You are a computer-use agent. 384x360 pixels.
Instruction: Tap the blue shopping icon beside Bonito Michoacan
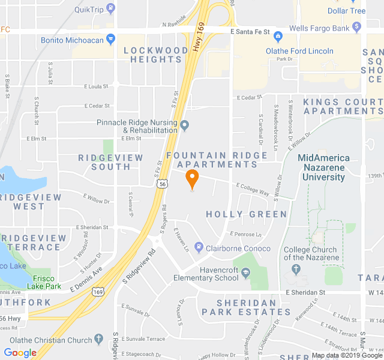(x=110, y=40)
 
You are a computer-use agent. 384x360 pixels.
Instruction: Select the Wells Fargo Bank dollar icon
(x=357, y=27)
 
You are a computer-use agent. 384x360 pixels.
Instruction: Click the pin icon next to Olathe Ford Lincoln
(x=259, y=50)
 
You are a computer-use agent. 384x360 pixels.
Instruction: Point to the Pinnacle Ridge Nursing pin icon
(x=185, y=126)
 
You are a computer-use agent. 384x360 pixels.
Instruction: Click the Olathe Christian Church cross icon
(x=99, y=340)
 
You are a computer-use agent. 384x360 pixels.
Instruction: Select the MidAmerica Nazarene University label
(x=323, y=167)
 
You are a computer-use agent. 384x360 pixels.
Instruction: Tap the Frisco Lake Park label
(x=44, y=282)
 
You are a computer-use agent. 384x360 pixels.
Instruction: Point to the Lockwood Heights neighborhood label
(x=155, y=55)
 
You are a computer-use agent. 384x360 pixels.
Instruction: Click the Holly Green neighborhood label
(x=246, y=214)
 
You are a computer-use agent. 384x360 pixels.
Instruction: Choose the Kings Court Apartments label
(x=343, y=106)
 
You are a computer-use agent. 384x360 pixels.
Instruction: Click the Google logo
(x=20, y=353)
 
